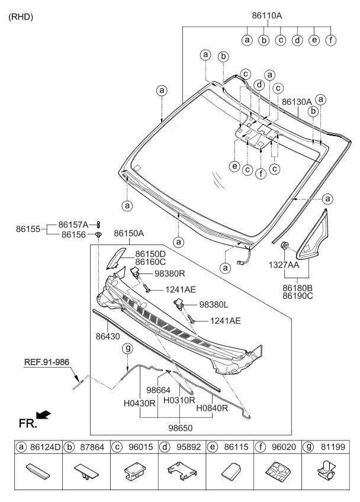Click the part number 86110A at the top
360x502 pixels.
267,15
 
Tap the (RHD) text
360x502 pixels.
21,17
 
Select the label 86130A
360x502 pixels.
297,102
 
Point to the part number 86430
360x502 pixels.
108,336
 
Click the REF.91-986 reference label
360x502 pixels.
47,362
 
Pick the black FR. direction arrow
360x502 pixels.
44,414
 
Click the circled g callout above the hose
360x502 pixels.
128,348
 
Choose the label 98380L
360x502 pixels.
214,305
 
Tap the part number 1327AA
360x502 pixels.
284,265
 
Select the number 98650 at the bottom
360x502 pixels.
181,428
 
